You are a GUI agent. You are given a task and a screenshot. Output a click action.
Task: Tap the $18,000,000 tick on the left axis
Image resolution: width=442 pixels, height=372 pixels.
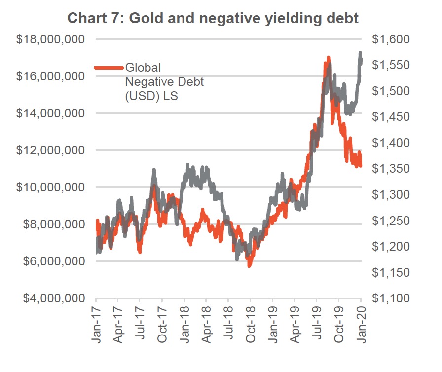[x=50, y=39]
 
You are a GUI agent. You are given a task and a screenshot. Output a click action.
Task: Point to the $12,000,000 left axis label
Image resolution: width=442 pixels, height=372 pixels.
[x=50, y=150]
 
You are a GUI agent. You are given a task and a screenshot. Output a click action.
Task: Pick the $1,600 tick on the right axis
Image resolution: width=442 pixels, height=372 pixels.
[x=390, y=39]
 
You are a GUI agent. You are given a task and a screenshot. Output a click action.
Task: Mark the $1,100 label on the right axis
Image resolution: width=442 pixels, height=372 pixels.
[x=390, y=298]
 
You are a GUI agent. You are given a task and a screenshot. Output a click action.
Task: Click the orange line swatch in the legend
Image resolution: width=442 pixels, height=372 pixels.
[x=109, y=68]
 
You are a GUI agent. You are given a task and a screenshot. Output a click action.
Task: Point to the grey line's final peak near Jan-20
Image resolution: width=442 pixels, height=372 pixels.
[x=360, y=53]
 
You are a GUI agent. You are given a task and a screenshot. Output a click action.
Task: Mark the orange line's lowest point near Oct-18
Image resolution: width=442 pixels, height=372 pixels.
[x=250, y=265]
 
